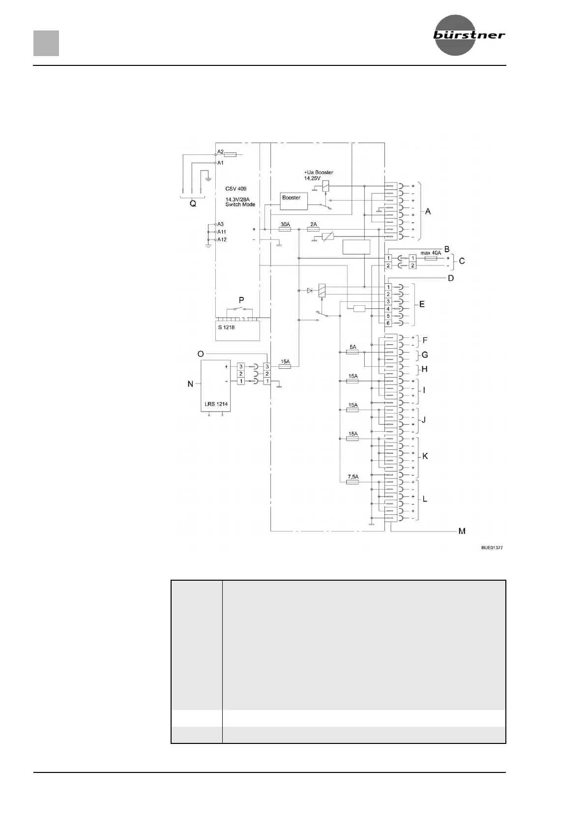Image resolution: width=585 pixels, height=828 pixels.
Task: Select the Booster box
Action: [293, 200]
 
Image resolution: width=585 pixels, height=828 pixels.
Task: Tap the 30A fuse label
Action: [285, 224]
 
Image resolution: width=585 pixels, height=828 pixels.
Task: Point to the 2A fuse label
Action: [314, 224]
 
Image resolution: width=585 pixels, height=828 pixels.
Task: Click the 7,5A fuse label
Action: [352, 476]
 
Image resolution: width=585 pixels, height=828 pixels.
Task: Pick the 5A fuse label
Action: [352, 347]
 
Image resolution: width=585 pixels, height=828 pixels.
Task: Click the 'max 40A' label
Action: [431, 253]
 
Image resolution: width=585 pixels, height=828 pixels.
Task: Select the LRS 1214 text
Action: [216, 404]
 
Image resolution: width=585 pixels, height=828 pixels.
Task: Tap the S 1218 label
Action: [226, 327]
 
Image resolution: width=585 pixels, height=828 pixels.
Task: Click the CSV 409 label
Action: [236, 189]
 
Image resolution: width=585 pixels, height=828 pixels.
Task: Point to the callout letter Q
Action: [193, 204]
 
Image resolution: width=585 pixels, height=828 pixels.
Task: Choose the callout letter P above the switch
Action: [241, 299]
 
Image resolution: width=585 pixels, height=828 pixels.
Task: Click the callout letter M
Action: [462, 531]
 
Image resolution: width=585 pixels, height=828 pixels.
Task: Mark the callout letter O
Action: [200, 354]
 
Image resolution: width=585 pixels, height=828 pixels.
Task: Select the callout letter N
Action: [190, 384]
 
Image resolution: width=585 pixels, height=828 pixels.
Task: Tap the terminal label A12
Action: [222, 240]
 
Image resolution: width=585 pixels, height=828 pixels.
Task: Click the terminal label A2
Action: [220, 152]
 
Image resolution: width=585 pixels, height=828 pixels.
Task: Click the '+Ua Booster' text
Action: [319, 173]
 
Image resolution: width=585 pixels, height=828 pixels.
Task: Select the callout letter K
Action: [425, 456]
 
